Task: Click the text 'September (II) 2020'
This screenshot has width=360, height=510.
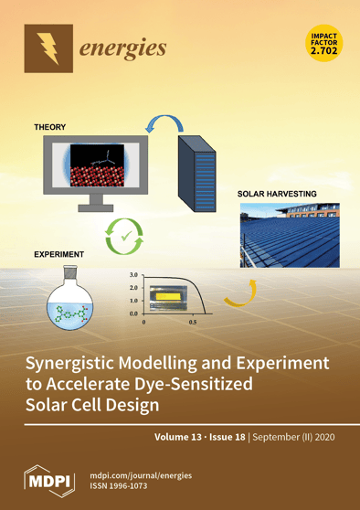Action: [x=298, y=437]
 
